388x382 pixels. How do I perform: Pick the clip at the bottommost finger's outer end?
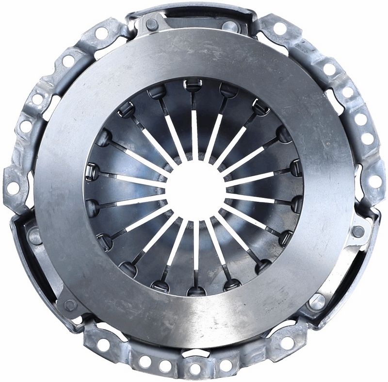click(196, 291)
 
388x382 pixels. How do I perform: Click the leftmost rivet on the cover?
click(34, 237)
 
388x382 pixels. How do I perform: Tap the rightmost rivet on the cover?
click(358, 232)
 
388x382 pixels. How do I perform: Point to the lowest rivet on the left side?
click(70, 305)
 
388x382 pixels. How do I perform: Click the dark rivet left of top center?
click(152, 24)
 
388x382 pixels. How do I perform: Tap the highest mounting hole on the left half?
click(101, 33)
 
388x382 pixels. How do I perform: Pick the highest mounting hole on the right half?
click(280, 28)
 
